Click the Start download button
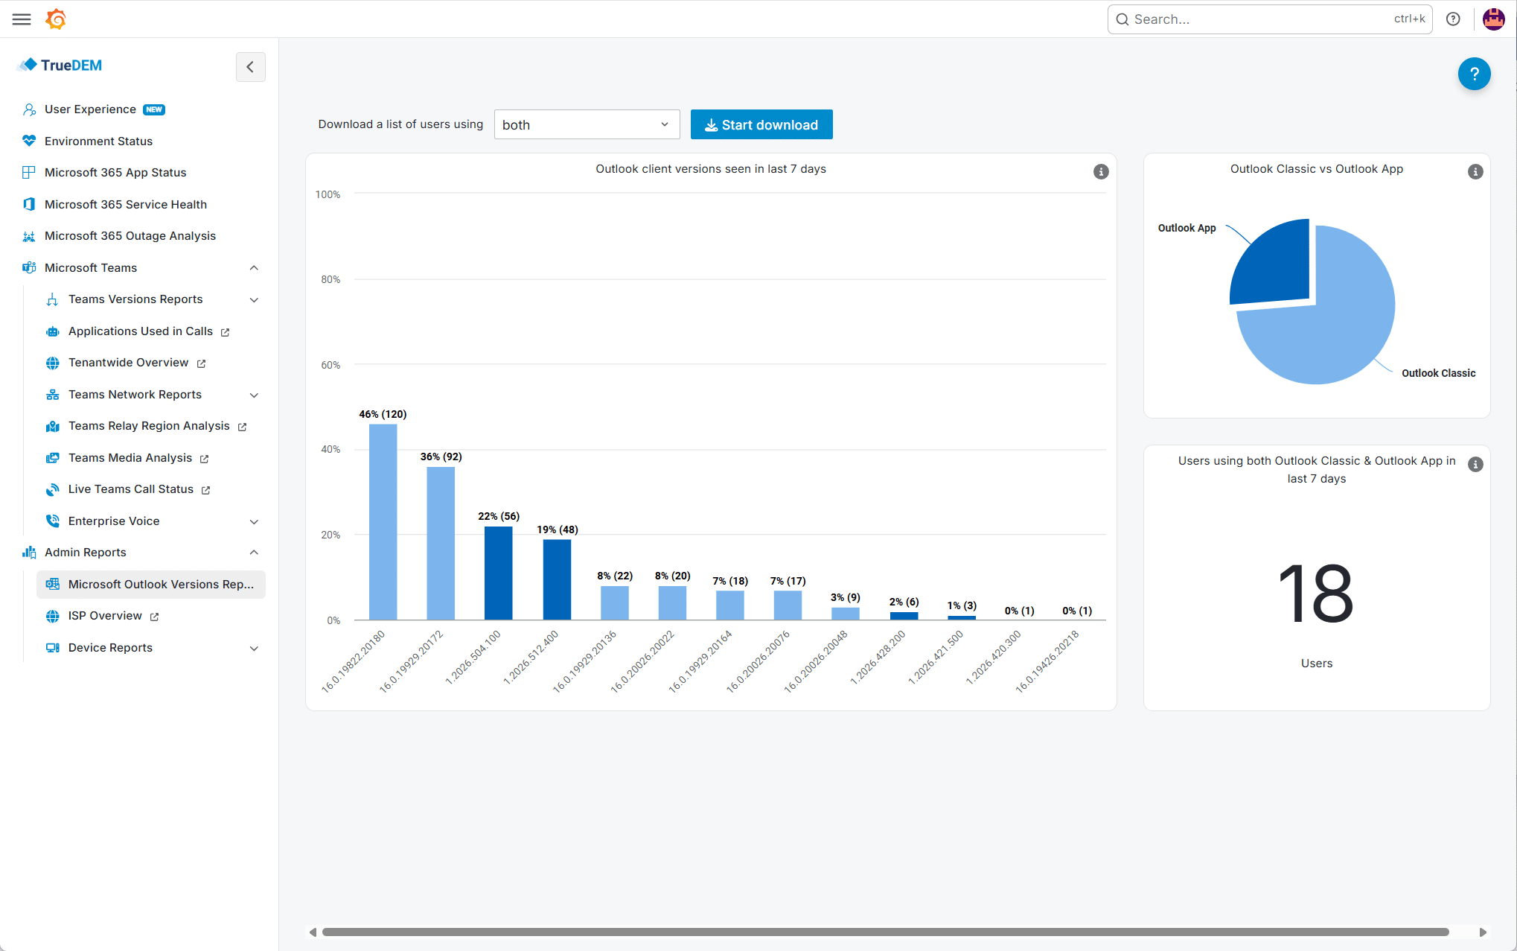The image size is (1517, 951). click(x=761, y=124)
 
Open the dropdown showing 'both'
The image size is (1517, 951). click(x=587, y=124)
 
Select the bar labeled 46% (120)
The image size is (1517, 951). click(x=383, y=521)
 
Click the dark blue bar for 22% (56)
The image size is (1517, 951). click(x=499, y=573)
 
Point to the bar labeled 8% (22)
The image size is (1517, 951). click(x=615, y=602)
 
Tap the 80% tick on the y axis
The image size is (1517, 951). click(x=330, y=279)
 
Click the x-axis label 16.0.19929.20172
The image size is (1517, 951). click(x=412, y=661)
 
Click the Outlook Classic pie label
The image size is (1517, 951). click(x=1438, y=373)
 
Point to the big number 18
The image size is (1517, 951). click(x=1316, y=593)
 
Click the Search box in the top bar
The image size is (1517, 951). click(x=1270, y=19)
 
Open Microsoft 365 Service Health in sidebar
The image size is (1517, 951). click(x=126, y=204)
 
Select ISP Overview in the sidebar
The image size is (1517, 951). click(x=105, y=616)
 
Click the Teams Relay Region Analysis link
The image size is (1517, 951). click(x=149, y=426)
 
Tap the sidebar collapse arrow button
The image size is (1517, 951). click(x=250, y=67)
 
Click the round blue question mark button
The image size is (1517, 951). click(x=1474, y=74)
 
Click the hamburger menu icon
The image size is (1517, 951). click(x=22, y=19)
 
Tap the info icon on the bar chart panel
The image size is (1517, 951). click(x=1101, y=172)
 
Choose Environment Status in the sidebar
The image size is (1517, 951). click(x=98, y=141)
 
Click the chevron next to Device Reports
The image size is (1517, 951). click(x=254, y=648)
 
